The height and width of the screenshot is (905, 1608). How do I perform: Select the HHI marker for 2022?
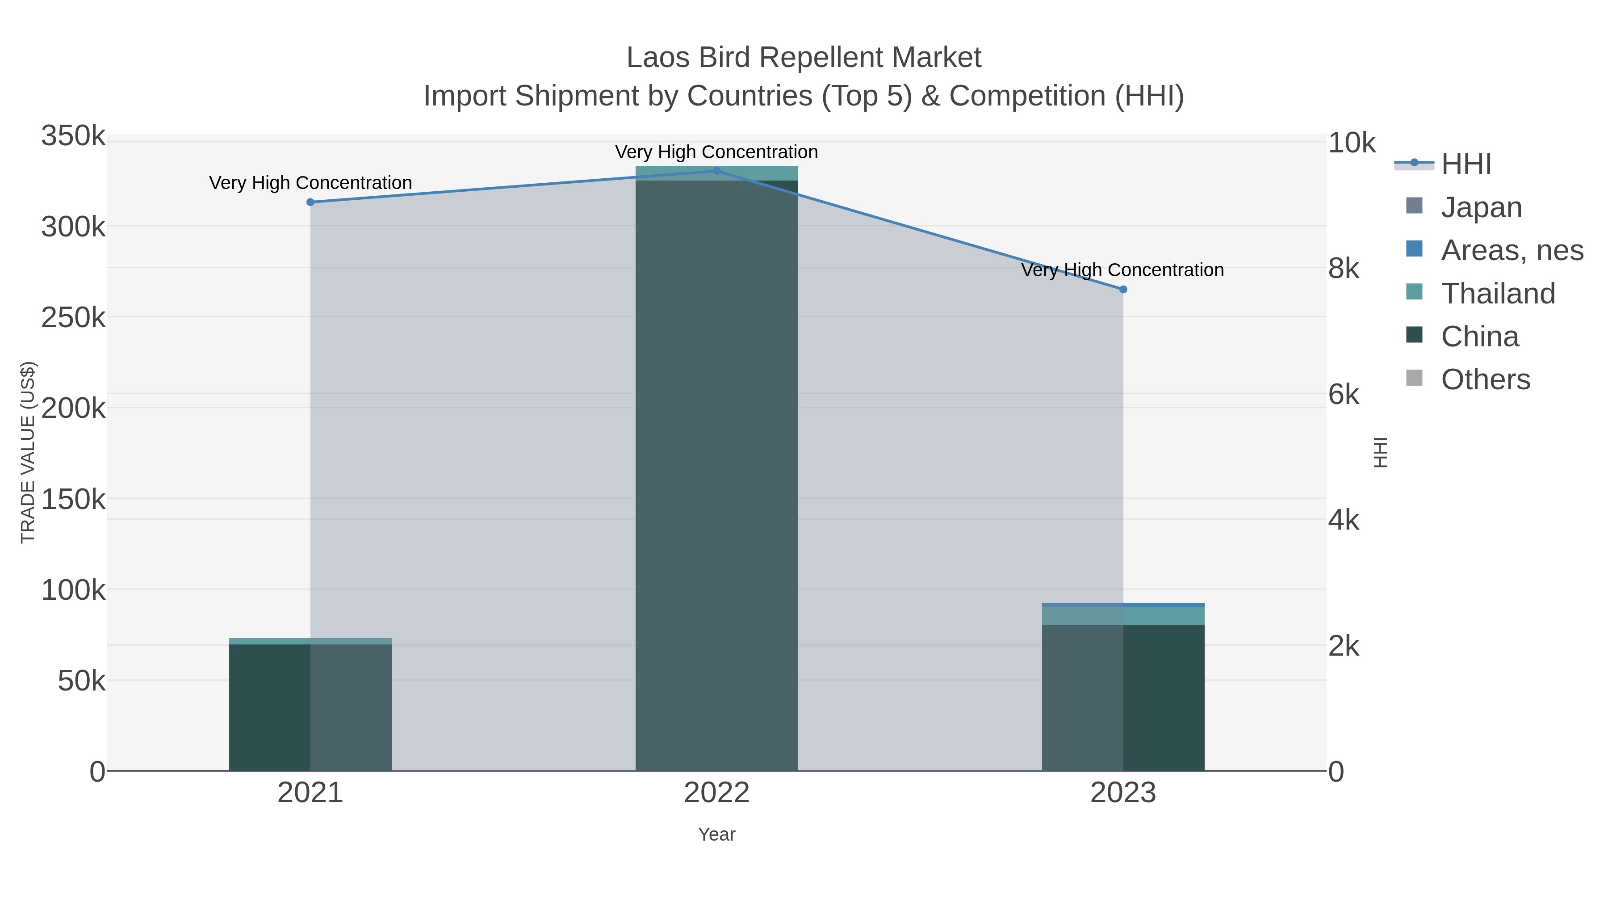point(716,171)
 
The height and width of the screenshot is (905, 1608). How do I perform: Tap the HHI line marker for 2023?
point(1123,289)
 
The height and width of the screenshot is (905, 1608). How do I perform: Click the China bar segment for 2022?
point(716,475)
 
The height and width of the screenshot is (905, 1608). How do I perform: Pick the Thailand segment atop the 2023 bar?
point(1123,616)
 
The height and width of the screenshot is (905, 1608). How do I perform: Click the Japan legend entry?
point(1481,207)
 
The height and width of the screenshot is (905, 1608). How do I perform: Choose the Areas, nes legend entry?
point(1511,250)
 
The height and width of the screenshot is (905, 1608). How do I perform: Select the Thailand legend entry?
point(1497,294)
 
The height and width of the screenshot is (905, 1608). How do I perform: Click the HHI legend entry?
point(1465,164)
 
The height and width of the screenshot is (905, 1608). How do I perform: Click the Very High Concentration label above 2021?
point(310,183)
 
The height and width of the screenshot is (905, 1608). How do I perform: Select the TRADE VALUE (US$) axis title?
point(28,452)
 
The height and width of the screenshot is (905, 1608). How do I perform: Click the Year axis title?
point(716,834)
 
